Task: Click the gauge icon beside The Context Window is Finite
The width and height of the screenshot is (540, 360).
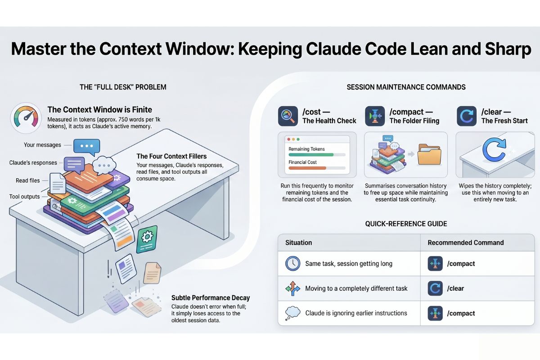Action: click(26, 118)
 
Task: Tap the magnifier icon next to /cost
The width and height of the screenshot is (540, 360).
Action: click(288, 116)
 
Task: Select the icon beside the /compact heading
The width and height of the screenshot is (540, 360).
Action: click(375, 116)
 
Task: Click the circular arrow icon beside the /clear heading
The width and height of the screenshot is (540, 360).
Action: click(466, 116)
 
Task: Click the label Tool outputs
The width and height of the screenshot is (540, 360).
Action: click(24, 197)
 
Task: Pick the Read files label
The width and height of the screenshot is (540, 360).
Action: click(28, 180)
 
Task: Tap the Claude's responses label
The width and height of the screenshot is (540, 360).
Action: click(33, 162)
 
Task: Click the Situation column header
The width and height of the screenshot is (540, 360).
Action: click(298, 243)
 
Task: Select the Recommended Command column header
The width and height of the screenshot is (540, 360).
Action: click(465, 243)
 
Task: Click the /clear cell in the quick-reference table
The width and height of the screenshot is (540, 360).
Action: click(456, 288)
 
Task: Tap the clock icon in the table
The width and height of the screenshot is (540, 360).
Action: click(293, 264)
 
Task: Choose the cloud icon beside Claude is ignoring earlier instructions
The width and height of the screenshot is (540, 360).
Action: click(293, 313)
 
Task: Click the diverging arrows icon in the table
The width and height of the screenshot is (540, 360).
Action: click(293, 288)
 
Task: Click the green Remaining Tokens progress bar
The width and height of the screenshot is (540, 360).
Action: click(310, 155)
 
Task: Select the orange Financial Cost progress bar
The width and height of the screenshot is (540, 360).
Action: click(307, 168)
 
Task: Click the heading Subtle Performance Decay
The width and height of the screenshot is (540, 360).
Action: click(211, 297)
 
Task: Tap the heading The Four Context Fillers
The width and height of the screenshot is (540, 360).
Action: click(171, 156)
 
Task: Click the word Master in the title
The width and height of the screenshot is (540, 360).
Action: click(42, 49)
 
